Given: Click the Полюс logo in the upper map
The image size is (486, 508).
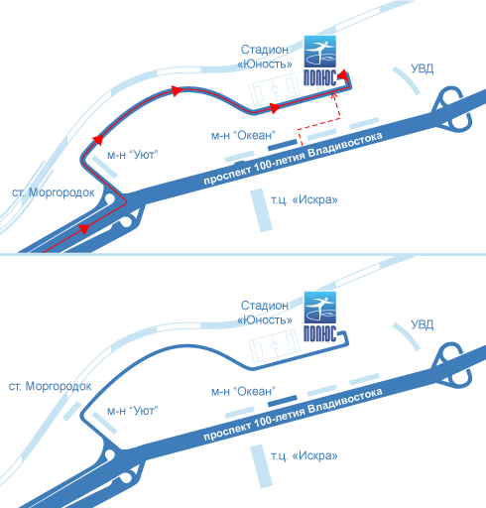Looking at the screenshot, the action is (320, 61).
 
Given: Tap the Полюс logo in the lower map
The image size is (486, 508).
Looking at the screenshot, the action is (320, 317).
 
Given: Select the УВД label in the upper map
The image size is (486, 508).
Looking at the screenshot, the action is (423, 68).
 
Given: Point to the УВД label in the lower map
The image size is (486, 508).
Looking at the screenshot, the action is (423, 324).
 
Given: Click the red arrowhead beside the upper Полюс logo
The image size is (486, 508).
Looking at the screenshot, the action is (343, 74).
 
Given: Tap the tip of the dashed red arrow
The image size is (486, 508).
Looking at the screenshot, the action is (333, 94).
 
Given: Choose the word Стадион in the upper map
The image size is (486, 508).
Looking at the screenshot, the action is (265, 50).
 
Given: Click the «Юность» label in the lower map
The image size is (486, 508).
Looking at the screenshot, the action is (265, 319).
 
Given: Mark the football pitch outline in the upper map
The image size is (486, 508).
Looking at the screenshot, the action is (275, 89).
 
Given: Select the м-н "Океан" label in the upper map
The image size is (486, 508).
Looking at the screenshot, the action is (243, 135).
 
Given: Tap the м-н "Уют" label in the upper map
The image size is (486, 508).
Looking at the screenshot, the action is (133, 155).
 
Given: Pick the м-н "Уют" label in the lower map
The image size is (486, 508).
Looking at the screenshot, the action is (133, 411).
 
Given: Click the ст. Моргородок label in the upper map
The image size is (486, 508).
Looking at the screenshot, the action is (54, 192).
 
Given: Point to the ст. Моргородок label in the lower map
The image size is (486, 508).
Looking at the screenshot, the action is (50, 386).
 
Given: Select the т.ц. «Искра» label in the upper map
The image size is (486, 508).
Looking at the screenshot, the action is (304, 199).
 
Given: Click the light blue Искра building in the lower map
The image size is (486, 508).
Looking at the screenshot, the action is (261, 466).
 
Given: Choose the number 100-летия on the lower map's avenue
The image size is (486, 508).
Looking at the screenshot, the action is (280, 418).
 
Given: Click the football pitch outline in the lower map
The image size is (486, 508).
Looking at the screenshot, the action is (275, 345).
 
